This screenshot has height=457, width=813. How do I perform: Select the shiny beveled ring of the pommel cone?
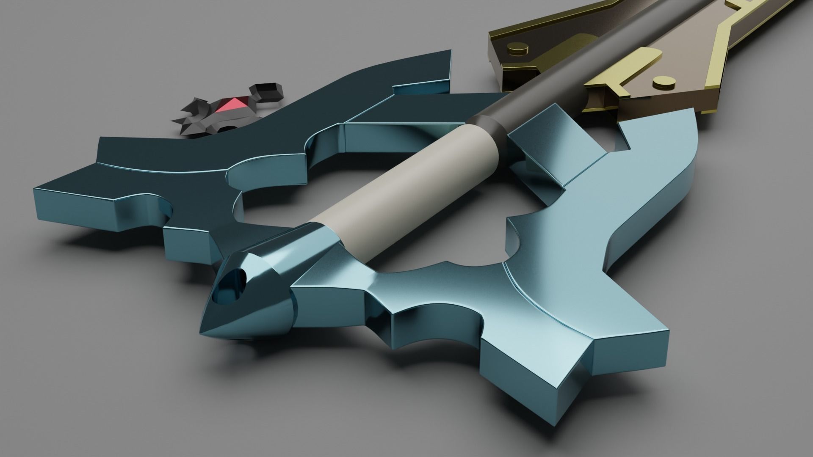click(x=279, y=271)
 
